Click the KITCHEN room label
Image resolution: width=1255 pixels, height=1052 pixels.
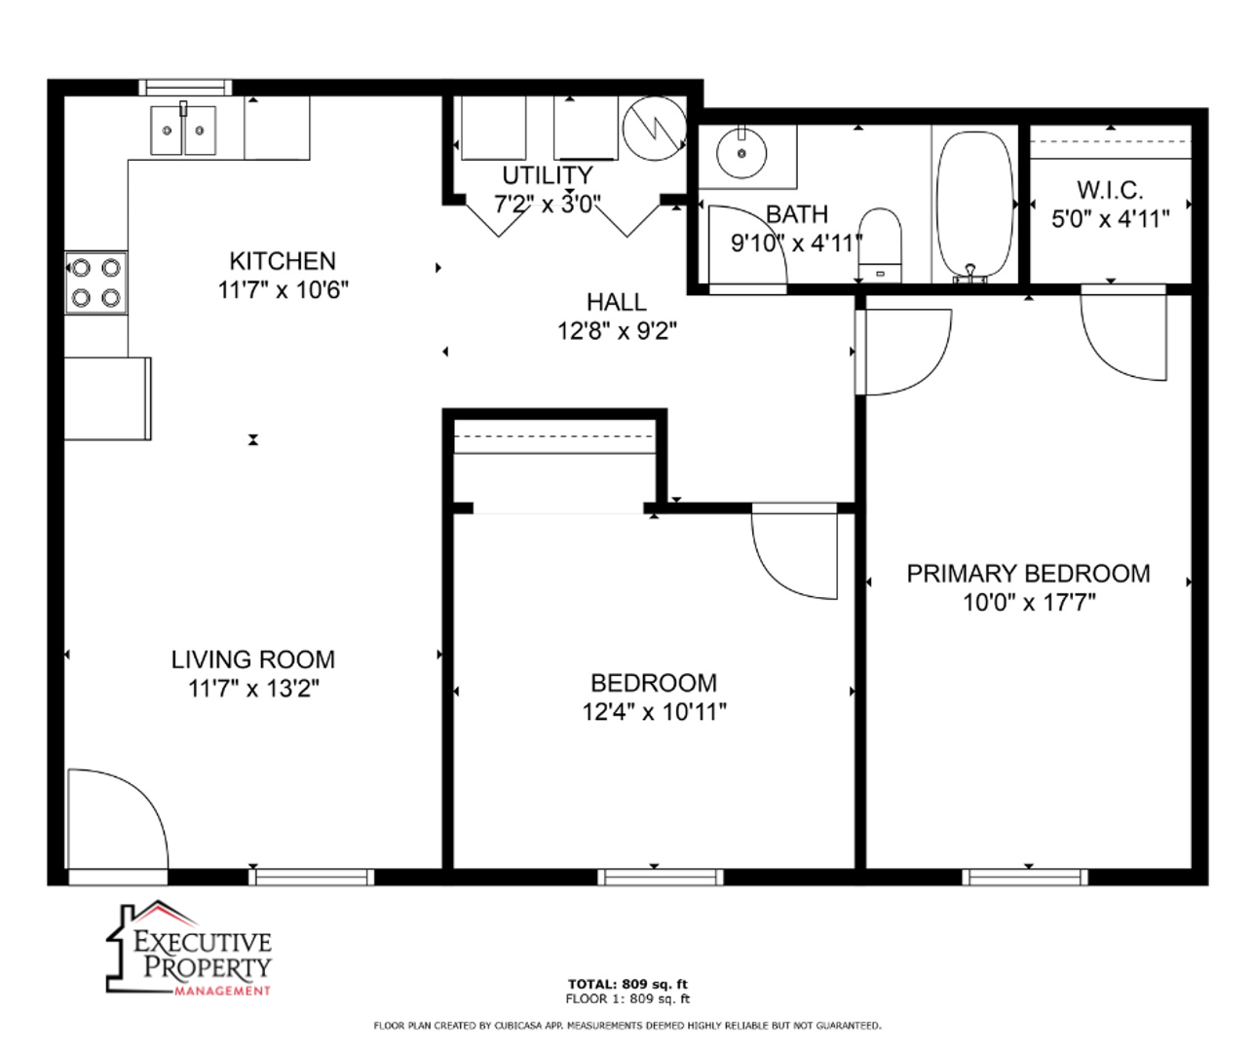(283, 261)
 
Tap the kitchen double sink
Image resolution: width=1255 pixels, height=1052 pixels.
(183, 129)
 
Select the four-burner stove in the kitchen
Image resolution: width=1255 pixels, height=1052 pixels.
(95, 282)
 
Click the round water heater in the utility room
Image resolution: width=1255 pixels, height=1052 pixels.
(654, 129)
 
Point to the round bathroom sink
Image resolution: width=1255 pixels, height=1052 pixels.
(742, 153)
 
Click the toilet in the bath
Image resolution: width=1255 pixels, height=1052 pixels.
(879, 245)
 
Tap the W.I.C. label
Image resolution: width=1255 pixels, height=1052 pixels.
(1110, 191)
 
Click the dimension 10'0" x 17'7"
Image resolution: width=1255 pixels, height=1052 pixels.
(1029, 602)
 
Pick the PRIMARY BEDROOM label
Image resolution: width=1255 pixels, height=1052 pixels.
(1028, 574)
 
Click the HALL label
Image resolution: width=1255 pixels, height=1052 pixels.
(617, 302)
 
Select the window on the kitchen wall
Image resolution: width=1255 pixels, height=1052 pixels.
(186, 88)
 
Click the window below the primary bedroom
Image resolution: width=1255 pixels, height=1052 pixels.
(1025, 878)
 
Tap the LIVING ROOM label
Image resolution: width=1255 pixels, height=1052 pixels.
(253, 659)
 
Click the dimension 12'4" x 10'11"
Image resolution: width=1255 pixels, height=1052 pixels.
(654, 712)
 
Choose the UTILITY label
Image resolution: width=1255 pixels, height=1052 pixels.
(548, 175)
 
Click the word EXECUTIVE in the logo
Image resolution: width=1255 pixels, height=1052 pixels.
(203, 943)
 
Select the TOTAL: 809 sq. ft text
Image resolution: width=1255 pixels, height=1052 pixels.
(627, 984)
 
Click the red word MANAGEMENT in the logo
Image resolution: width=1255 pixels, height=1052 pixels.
(222, 991)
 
